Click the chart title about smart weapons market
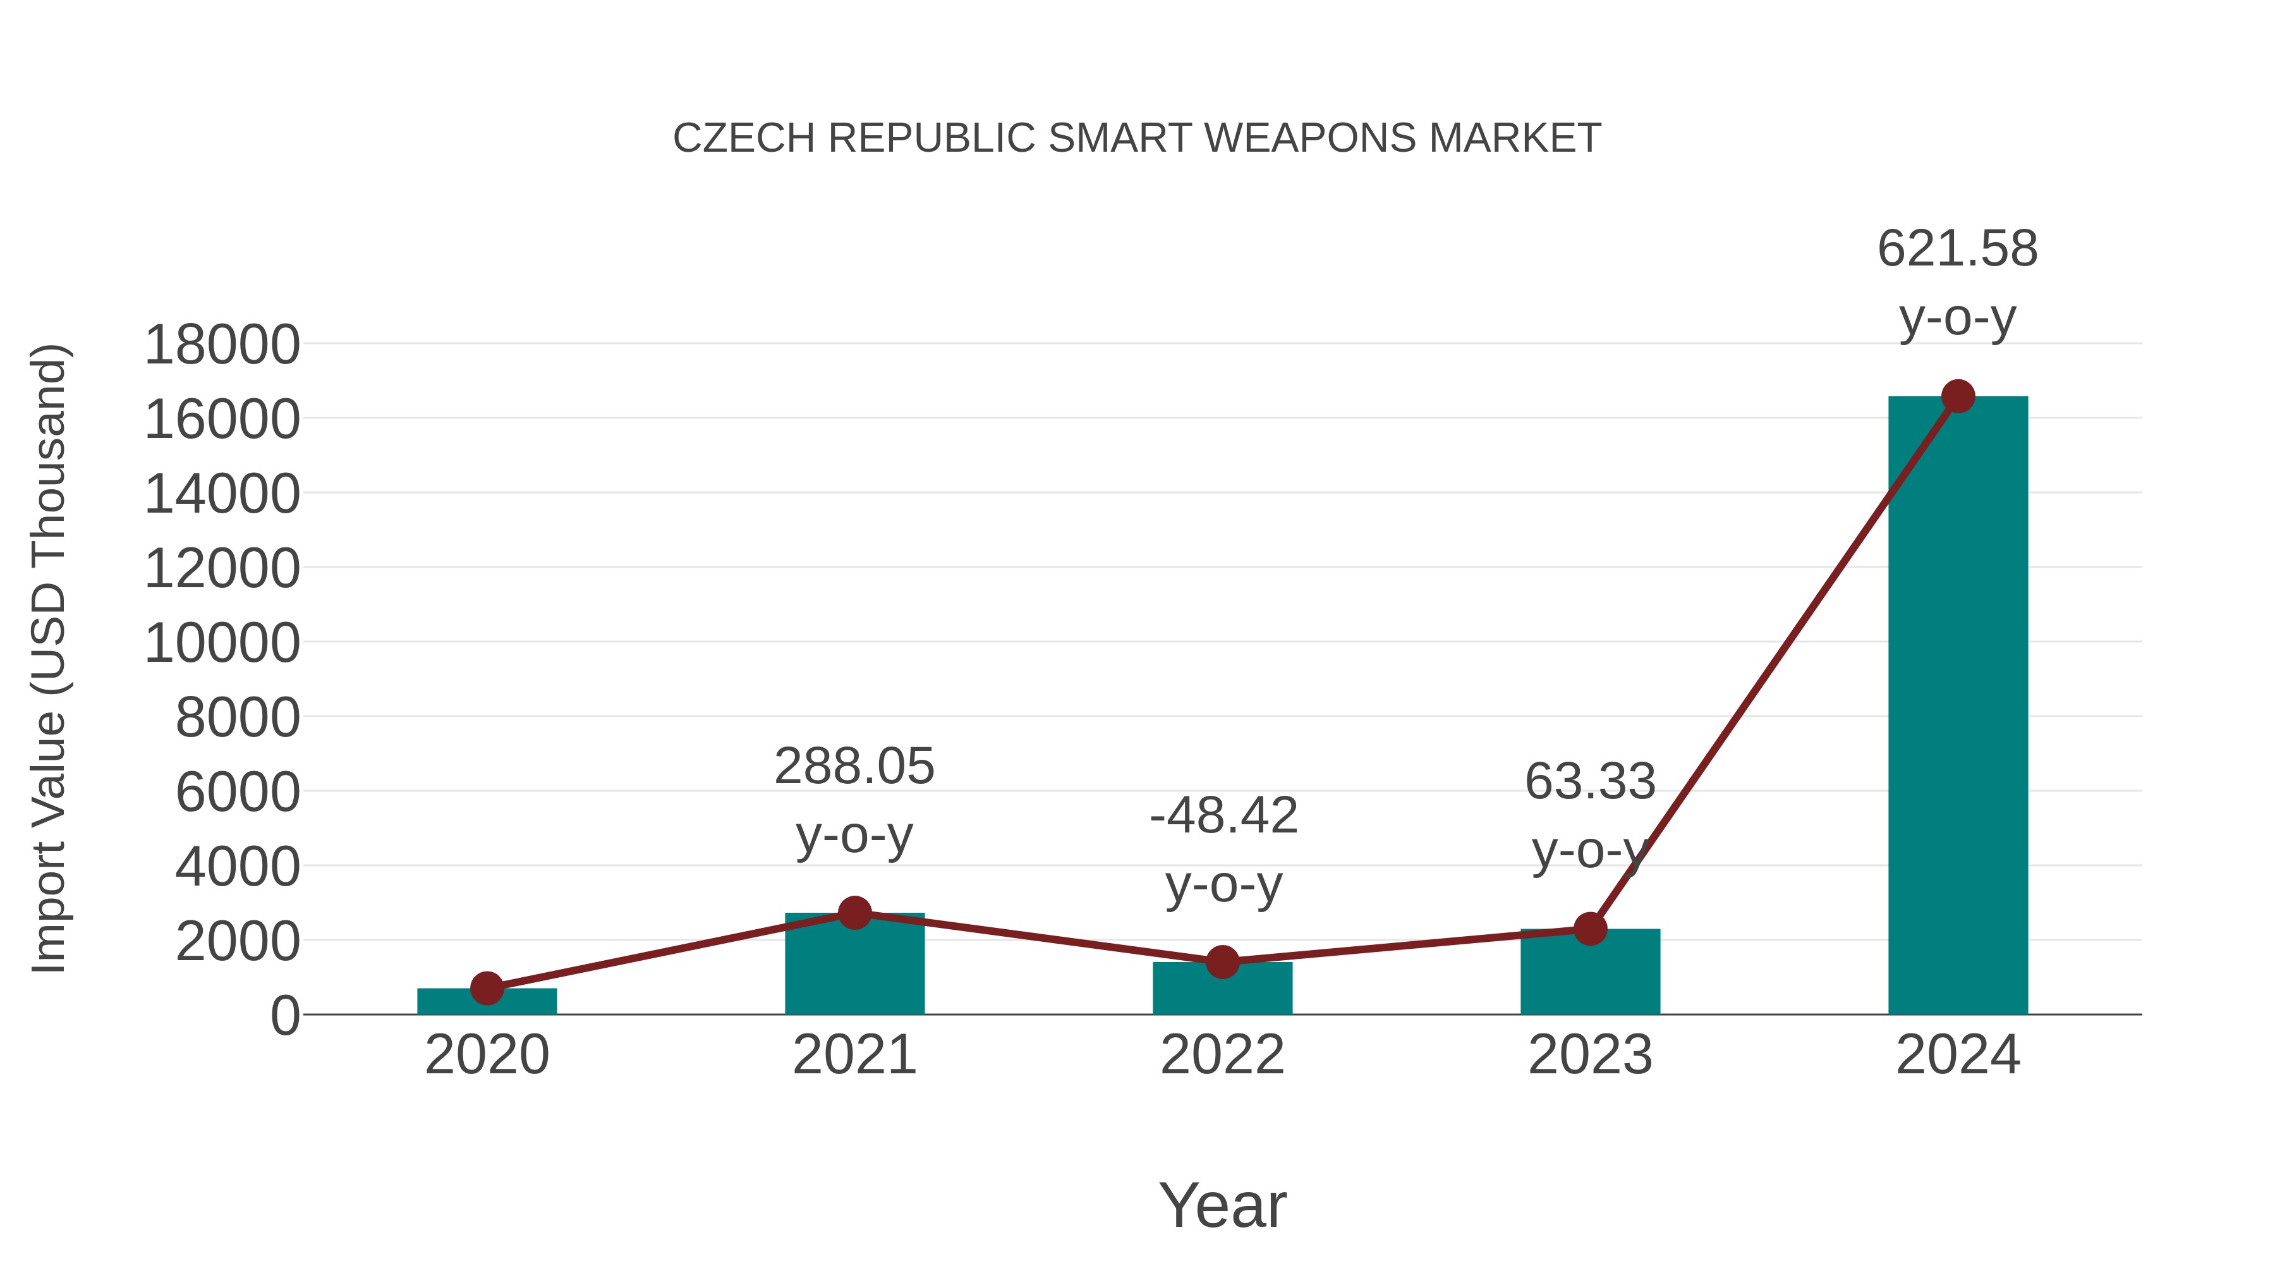tap(1137, 138)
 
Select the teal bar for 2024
tap(1958, 707)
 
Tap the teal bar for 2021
tap(854, 967)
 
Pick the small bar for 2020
tap(487, 1003)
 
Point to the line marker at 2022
tap(1222, 962)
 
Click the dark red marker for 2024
tap(1958, 396)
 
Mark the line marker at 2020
tap(487, 989)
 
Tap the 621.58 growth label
tap(1957, 248)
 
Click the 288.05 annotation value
tap(854, 766)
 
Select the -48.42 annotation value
tap(1223, 815)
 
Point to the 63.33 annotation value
tap(1590, 782)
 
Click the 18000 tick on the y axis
tap(222, 344)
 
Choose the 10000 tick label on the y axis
tap(222, 643)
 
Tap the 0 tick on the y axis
tap(284, 1016)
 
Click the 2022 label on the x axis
tap(1222, 1055)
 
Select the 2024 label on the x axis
tap(1958, 1055)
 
